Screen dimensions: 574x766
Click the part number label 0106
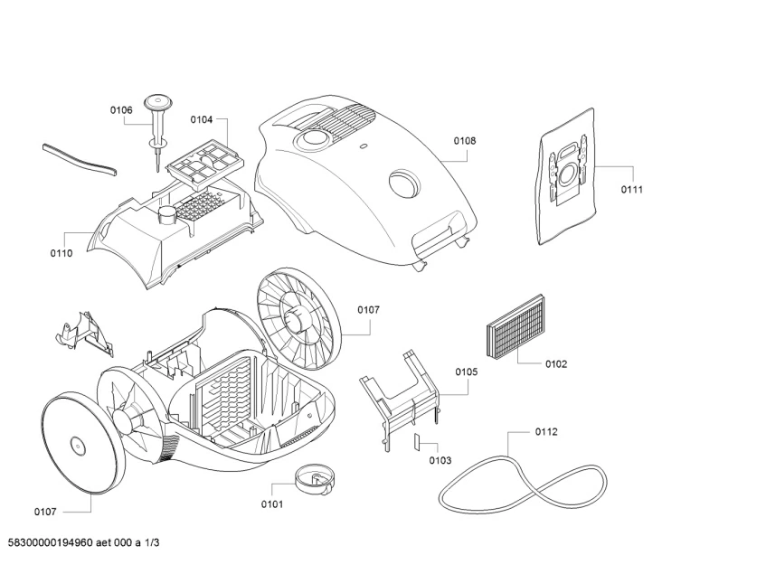click(x=121, y=110)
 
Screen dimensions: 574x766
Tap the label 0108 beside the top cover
click(x=465, y=141)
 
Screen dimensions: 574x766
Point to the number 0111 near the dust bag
click(x=631, y=190)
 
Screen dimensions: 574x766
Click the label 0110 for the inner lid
click(x=61, y=253)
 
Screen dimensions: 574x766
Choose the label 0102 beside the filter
click(x=556, y=364)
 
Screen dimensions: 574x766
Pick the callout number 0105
click(x=467, y=372)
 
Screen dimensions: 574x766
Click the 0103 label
click(x=440, y=461)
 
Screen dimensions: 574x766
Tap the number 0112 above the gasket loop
click(x=546, y=431)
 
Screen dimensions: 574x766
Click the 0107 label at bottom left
click(x=45, y=513)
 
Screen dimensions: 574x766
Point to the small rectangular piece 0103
click(x=417, y=442)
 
